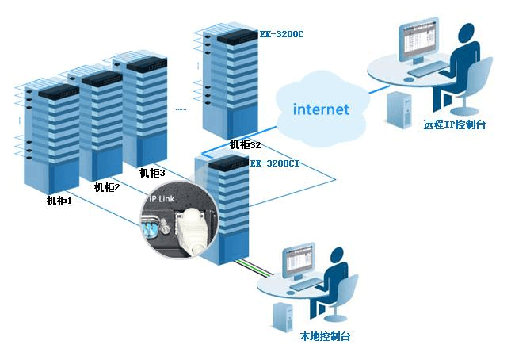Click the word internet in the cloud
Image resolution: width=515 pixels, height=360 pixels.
[320, 109]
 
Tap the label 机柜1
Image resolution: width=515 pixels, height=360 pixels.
[59, 201]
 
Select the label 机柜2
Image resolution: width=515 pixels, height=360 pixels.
[106, 188]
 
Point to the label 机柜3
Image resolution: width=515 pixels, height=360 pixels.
[151, 173]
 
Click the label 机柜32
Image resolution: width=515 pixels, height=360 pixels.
[245, 145]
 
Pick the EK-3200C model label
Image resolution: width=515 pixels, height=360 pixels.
[281, 35]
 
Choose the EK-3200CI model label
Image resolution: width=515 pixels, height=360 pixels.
[275, 163]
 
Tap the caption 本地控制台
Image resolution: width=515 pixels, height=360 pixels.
[325, 336]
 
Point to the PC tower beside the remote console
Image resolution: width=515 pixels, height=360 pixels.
[397, 109]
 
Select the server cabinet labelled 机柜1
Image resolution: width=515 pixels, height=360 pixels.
[47, 135]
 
